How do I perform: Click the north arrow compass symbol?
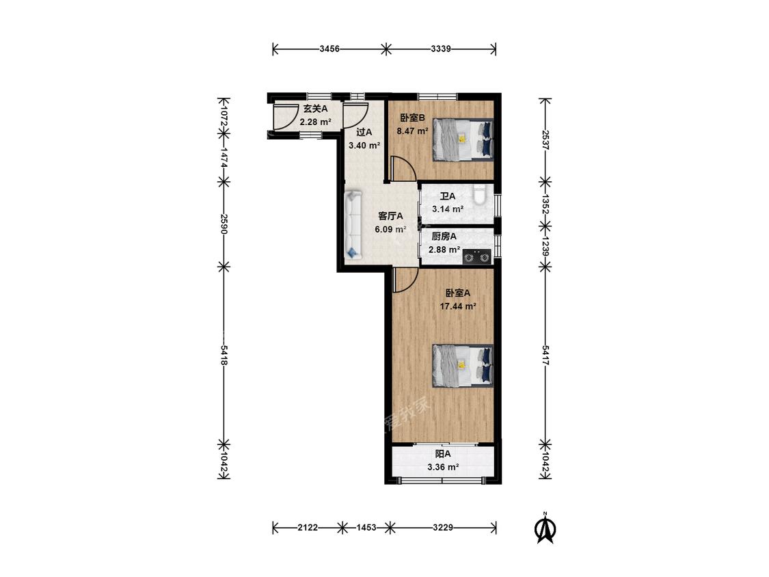(x=544, y=528)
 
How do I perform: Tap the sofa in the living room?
(x=353, y=225)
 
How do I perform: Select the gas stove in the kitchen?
(x=477, y=256)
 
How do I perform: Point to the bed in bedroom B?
(x=463, y=139)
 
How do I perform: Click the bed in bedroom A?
(x=463, y=366)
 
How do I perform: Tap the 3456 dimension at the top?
(x=329, y=49)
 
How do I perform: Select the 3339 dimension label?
(x=441, y=49)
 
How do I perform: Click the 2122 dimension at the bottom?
(x=308, y=528)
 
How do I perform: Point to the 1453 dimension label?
(x=366, y=528)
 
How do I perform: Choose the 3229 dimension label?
(x=442, y=528)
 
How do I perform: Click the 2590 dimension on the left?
(x=224, y=224)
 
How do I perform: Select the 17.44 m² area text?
(x=458, y=306)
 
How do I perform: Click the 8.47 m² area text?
(x=412, y=131)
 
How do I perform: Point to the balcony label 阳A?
(x=443, y=455)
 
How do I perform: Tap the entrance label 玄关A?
(x=315, y=109)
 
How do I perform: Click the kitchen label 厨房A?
(x=444, y=237)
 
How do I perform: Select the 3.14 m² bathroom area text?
(x=448, y=209)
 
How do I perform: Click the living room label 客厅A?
(x=391, y=216)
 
